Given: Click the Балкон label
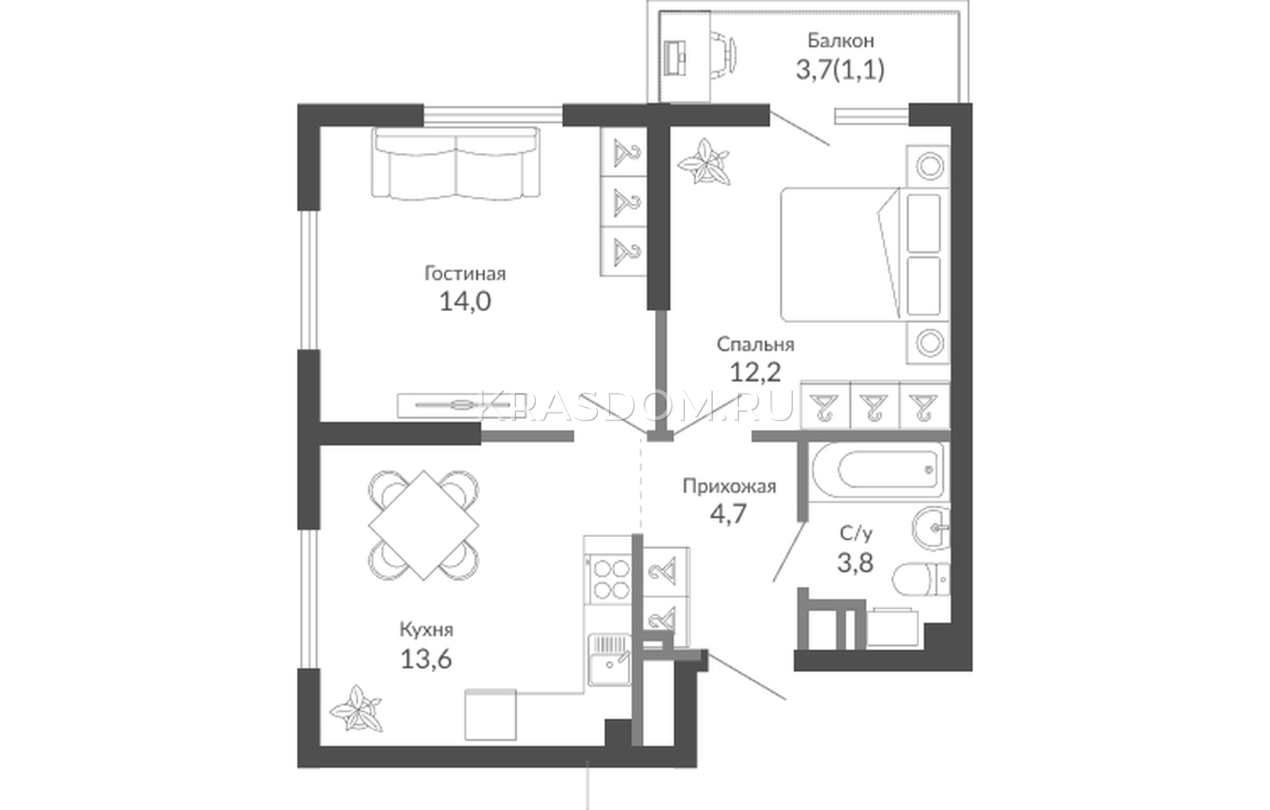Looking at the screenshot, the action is pyautogui.click(x=841, y=40).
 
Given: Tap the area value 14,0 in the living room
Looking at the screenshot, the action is pyautogui.click(x=465, y=301).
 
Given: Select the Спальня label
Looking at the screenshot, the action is pyautogui.click(x=755, y=344).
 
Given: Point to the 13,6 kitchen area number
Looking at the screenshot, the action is pyautogui.click(x=425, y=658).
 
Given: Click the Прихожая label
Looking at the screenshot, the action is pyautogui.click(x=729, y=486).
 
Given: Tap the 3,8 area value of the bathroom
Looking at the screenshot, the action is pyautogui.click(x=855, y=562).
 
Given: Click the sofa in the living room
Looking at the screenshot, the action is pyautogui.click(x=456, y=163).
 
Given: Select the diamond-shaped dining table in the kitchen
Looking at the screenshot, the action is pyautogui.click(x=424, y=525).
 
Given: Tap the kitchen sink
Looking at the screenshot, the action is pyautogui.click(x=610, y=659).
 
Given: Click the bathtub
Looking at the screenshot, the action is pyautogui.click(x=878, y=470).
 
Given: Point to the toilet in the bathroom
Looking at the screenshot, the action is pyautogui.click(x=921, y=579).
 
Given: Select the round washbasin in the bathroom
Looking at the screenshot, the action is pyautogui.click(x=930, y=527).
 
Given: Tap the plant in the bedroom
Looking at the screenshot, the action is pyautogui.click(x=703, y=162).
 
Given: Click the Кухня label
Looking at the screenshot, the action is pyautogui.click(x=426, y=630).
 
